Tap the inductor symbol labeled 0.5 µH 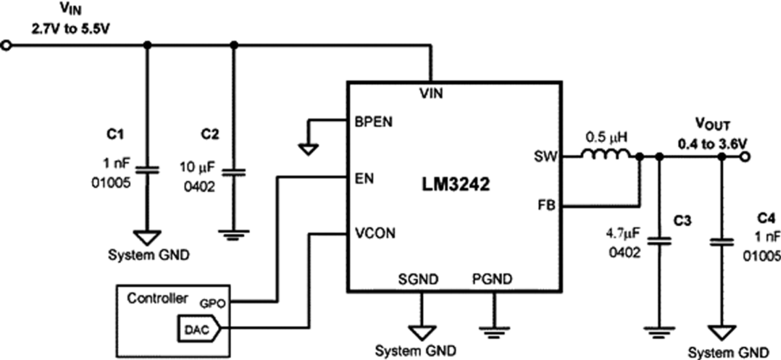[x=605, y=156]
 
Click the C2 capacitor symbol [x=235, y=173]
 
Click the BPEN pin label [x=373, y=121]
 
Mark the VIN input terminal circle [x=7, y=46]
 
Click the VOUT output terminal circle [x=746, y=157]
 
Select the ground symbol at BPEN [x=308, y=149]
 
